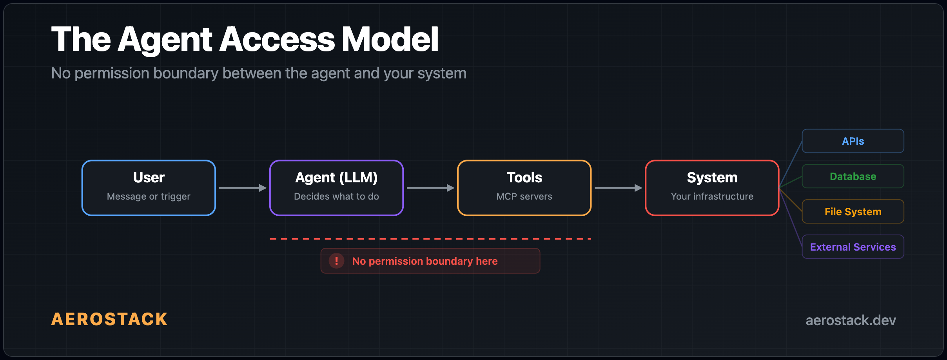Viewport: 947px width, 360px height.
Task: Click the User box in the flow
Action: (149, 187)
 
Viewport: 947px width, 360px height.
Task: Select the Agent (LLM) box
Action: (336, 187)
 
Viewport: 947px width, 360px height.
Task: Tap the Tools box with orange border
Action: (524, 187)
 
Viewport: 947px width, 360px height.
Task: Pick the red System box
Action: (712, 187)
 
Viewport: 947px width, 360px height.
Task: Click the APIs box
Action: (853, 141)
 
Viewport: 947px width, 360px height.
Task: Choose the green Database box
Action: (853, 176)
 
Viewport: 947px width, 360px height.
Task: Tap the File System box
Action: (853, 212)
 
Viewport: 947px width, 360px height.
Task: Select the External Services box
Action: (853, 247)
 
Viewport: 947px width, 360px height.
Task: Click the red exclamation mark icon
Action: (336, 261)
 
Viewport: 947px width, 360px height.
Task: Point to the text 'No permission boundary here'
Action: (425, 261)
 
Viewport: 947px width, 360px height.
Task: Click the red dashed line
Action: (430, 238)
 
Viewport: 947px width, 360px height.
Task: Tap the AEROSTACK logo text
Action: (109, 319)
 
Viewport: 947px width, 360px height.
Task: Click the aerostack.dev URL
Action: (851, 320)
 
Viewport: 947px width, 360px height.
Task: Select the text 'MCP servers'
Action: (524, 196)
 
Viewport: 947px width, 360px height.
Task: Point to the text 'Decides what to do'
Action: (336, 196)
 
